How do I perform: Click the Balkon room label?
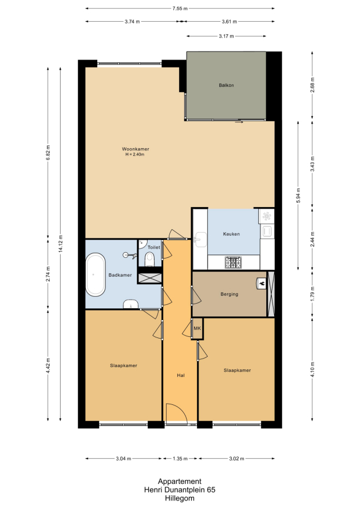pos(226,85)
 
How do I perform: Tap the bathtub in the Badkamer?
pos(96,275)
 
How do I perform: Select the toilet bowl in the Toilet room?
pos(149,260)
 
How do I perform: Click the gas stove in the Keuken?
pos(234,263)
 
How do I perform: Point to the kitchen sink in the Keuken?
pos(200,240)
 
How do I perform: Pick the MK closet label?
pos(197,328)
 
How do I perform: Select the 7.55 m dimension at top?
pos(180,9)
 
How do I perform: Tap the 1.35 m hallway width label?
pos(180,459)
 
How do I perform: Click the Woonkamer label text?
pos(136,149)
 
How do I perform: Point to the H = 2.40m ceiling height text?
pos(135,154)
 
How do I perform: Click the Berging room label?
pos(230,294)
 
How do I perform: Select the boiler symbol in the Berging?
pos(262,284)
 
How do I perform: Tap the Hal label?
pos(181,375)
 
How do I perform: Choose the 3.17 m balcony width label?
pos(226,36)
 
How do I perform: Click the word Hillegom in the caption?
pos(180,498)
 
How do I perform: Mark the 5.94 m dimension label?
pos(298,196)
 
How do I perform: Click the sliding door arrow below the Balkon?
pos(239,122)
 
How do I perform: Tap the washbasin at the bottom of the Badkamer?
pos(130,304)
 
